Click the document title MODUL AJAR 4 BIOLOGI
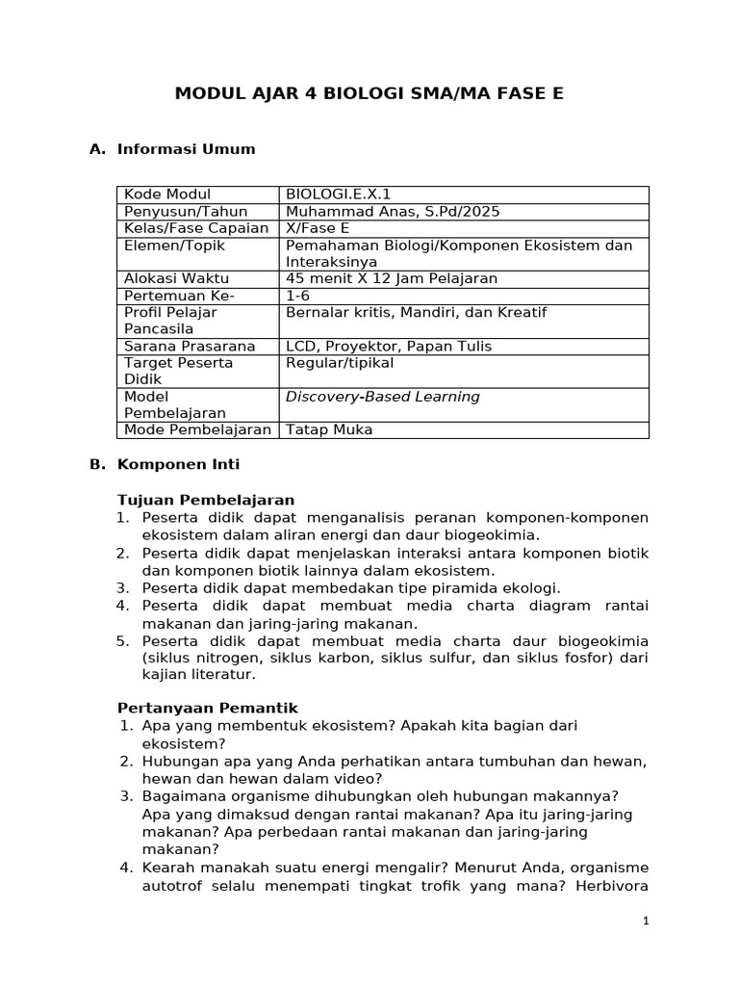[369, 93]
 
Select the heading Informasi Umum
[186, 149]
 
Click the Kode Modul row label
[167, 195]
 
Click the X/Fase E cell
[318, 228]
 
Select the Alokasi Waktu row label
[172, 279]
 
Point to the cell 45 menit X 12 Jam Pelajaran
[392, 279]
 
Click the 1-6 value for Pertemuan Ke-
[299, 296]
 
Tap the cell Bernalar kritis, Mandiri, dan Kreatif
[416, 313]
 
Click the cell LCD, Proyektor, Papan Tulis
[389, 347]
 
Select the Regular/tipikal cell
[340, 363]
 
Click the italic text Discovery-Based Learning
[382, 397]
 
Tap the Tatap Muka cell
[329, 430]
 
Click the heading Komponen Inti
[178, 464]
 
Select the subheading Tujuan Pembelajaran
[205, 500]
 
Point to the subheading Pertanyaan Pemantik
[207, 708]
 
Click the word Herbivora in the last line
[611, 885]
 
